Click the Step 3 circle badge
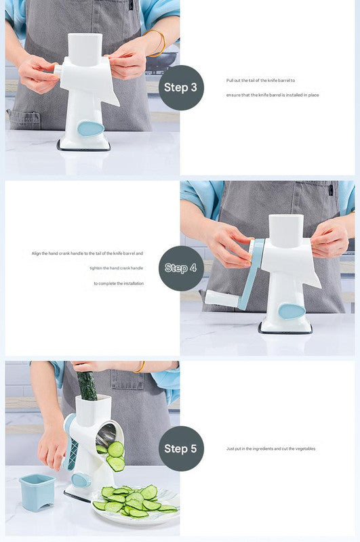tap(181, 87)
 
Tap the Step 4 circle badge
tap(181, 268)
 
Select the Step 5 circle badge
tap(181, 449)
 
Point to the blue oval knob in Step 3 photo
tap(90, 128)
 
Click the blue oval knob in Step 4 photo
tap(292, 311)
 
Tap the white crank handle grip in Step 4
tap(220, 297)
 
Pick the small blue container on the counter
tap(37, 491)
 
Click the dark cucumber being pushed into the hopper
tap(87, 385)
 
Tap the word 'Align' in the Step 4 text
tap(37, 253)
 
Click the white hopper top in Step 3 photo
tap(85, 49)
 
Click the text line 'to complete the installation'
tap(119, 283)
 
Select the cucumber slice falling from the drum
tap(116, 449)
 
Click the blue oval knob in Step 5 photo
tap(81, 480)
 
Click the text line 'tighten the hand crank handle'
tap(116, 268)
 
